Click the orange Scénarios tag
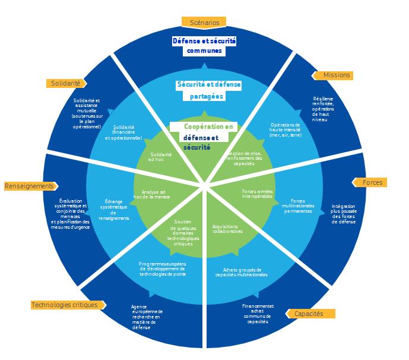pos(204,23)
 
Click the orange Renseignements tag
pos(30,186)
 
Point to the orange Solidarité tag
pos(66,84)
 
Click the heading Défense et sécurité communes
pos(204,46)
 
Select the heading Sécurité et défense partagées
pos(208,90)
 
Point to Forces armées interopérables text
pos(258,194)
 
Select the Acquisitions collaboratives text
pos(227,229)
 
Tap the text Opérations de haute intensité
pos(286,130)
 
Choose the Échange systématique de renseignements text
pos(113,210)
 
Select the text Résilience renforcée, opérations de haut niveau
pos(323,109)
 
